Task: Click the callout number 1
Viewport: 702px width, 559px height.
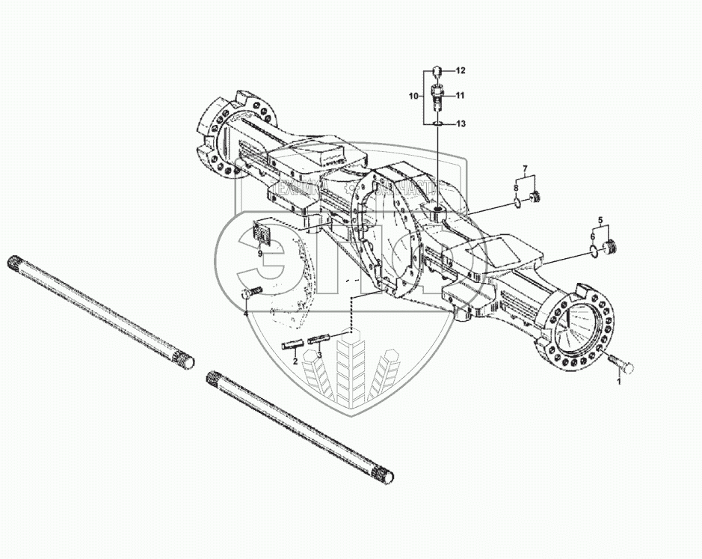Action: [618, 382]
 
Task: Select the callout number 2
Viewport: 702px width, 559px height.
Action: [295, 361]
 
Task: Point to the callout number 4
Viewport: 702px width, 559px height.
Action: [245, 314]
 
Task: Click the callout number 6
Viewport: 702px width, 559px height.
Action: [592, 236]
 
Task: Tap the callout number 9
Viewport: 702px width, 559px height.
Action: [259, 253]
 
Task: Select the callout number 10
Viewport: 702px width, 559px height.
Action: [413, 97]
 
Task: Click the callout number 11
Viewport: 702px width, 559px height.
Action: [461, 95]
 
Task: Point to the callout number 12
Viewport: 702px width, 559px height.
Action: [461, 70]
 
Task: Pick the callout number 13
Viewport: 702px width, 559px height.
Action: [461, 123]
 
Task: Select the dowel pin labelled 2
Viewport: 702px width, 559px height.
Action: [292, 345]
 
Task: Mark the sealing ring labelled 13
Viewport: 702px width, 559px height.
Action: [440, 123]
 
